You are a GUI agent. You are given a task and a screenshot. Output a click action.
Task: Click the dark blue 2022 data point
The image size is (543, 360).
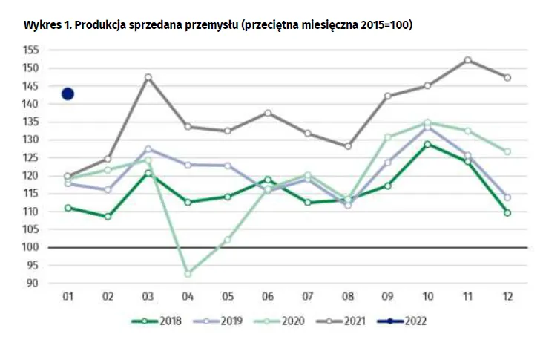click(x=68, y=94)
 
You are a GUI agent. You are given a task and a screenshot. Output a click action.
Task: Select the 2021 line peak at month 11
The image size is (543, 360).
click(x=468, y=60)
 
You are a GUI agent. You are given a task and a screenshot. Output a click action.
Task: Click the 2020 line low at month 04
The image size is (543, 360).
click(x=188, y=274)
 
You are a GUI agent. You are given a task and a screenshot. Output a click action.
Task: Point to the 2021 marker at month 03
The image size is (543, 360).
click(x=148, y=77)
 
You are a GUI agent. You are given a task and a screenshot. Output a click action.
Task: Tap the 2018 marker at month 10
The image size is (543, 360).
click(x=428, y=144)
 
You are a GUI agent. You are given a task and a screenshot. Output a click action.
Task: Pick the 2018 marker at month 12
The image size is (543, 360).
click(x=508, y=212)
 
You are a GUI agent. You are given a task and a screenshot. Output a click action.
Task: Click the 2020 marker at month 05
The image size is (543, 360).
click(x=228, y=240)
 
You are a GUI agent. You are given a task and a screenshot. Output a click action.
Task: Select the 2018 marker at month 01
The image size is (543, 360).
click(x=68, y=208)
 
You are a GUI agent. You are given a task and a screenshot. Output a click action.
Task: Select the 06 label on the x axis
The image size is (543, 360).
click(x=268, y=297)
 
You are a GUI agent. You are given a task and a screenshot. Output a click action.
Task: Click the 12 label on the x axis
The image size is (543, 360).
click(x=508, y=297)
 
